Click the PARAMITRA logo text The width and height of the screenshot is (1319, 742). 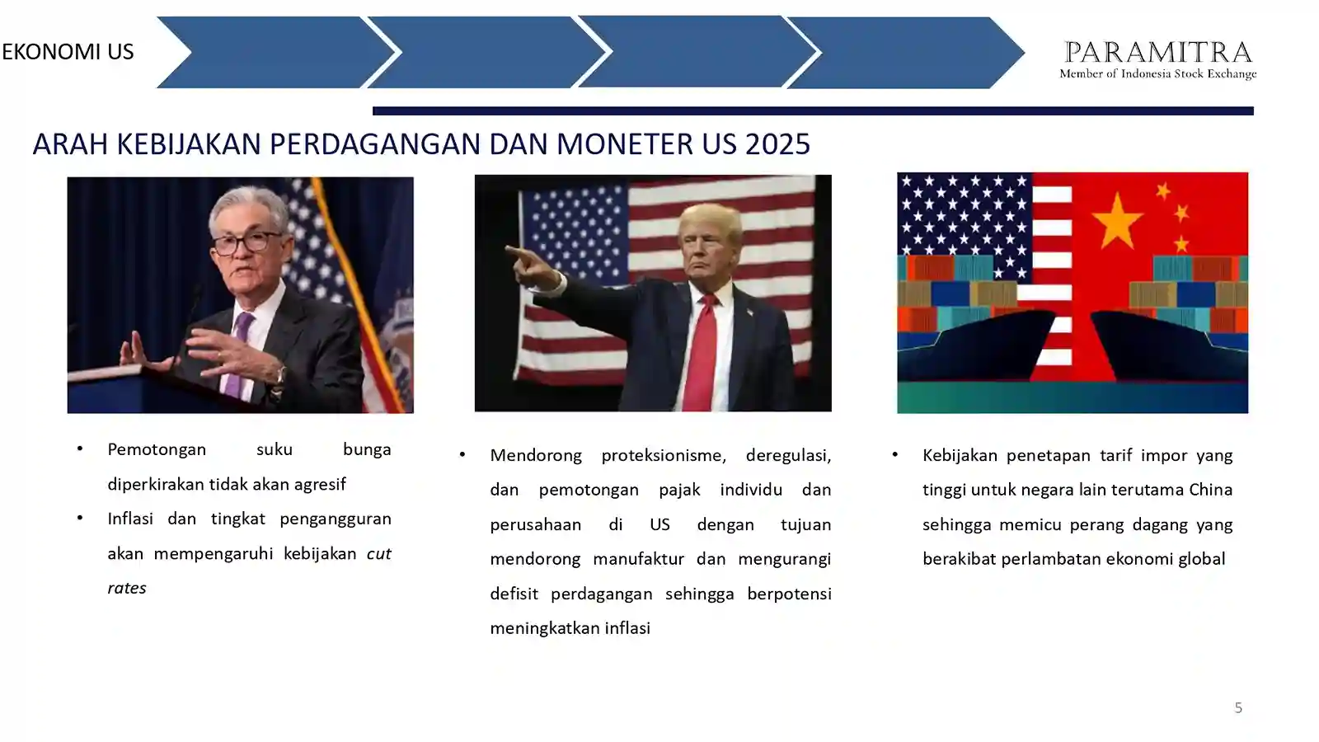[1157, 52]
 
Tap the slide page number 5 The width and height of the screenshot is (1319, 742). [1238, 707]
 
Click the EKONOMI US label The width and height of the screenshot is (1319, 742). [68, 52]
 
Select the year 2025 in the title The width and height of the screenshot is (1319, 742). [777, 144]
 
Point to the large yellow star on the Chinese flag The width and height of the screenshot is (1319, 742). [1117, 223]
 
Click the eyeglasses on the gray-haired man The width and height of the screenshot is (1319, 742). [247, 242]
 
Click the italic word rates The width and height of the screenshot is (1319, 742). [127, 588]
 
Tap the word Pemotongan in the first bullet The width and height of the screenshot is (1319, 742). [157, 449]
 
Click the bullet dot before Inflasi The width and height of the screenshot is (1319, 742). [80, 519]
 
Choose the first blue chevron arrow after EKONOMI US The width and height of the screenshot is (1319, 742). [275, 53]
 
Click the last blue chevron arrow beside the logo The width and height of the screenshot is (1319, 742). [905, 53]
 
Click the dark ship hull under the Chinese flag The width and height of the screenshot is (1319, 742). [1169, 347]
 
